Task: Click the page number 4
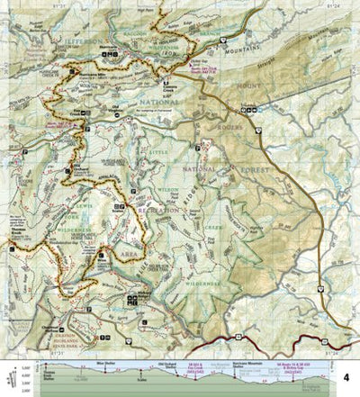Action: click(346, 365)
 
